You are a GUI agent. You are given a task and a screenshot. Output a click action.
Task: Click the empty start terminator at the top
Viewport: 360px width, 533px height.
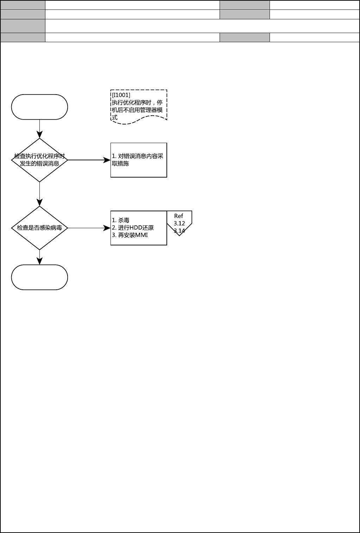(39, 107)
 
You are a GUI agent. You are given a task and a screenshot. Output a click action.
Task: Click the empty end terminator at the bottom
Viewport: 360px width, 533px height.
(39, 277)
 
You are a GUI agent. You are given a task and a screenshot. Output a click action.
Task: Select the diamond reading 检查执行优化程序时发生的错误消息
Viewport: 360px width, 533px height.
(39, 160)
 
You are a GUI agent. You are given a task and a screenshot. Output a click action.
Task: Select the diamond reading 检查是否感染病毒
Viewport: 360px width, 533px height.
(39, 228)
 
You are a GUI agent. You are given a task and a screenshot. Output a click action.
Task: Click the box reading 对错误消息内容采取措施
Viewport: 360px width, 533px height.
(139, 160)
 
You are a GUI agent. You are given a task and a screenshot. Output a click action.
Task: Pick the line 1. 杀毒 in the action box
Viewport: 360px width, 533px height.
(121, 220)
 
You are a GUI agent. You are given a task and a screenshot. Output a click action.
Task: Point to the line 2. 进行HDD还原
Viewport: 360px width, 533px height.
(133, 227)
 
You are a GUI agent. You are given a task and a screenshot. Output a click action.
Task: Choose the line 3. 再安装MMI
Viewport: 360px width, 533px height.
(130, 235)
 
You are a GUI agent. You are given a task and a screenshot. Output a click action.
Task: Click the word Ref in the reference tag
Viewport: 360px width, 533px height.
(179, 216)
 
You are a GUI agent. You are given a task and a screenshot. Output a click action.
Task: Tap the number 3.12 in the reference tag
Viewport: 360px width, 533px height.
(179, 223)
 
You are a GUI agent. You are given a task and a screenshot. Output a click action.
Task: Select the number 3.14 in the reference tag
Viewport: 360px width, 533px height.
(179, 231)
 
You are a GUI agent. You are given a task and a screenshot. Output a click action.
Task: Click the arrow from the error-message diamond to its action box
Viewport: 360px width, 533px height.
(89, 160)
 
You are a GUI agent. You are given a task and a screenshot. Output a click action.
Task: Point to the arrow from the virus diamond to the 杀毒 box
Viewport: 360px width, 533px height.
(89, 228)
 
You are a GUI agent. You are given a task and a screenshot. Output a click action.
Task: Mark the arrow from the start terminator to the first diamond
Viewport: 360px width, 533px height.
(39, 129)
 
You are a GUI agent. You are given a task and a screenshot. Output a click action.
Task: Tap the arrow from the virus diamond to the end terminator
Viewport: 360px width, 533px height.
(39, 257)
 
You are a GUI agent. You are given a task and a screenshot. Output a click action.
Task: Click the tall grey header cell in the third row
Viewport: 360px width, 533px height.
(23, 26)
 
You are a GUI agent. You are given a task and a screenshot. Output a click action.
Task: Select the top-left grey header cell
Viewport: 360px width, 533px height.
(23, 5)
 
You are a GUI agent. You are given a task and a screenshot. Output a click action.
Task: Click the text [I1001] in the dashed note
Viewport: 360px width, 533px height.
(121, 95)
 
